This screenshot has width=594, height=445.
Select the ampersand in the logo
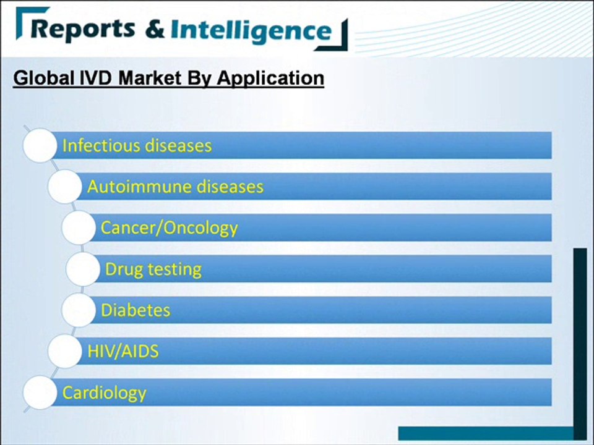(154, 29)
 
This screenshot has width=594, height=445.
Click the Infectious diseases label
(137, 146)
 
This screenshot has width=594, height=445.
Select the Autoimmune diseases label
(175, 187)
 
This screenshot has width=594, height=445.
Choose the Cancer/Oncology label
(169, 227)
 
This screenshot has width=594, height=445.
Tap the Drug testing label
(153, 269)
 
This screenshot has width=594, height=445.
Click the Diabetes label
(136, 310)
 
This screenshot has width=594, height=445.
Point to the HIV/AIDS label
(123, 351)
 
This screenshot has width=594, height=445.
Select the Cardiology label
(104, 392)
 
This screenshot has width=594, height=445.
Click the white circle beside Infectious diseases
(40, 146)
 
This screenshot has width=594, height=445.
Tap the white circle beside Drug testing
(83, 269)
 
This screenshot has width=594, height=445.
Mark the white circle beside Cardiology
(40, 392)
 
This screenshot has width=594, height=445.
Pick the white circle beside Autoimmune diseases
(64, 187)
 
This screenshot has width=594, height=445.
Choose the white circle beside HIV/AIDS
(64, 351)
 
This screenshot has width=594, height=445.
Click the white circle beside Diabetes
(79, 310)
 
